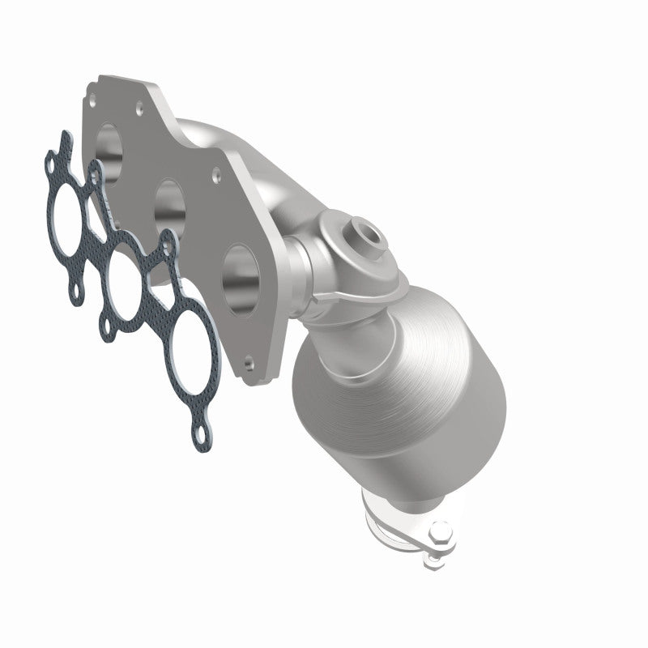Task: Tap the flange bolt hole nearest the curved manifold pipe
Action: (x=217, y=172)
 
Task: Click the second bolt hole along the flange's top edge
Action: (x=139, y=104)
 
